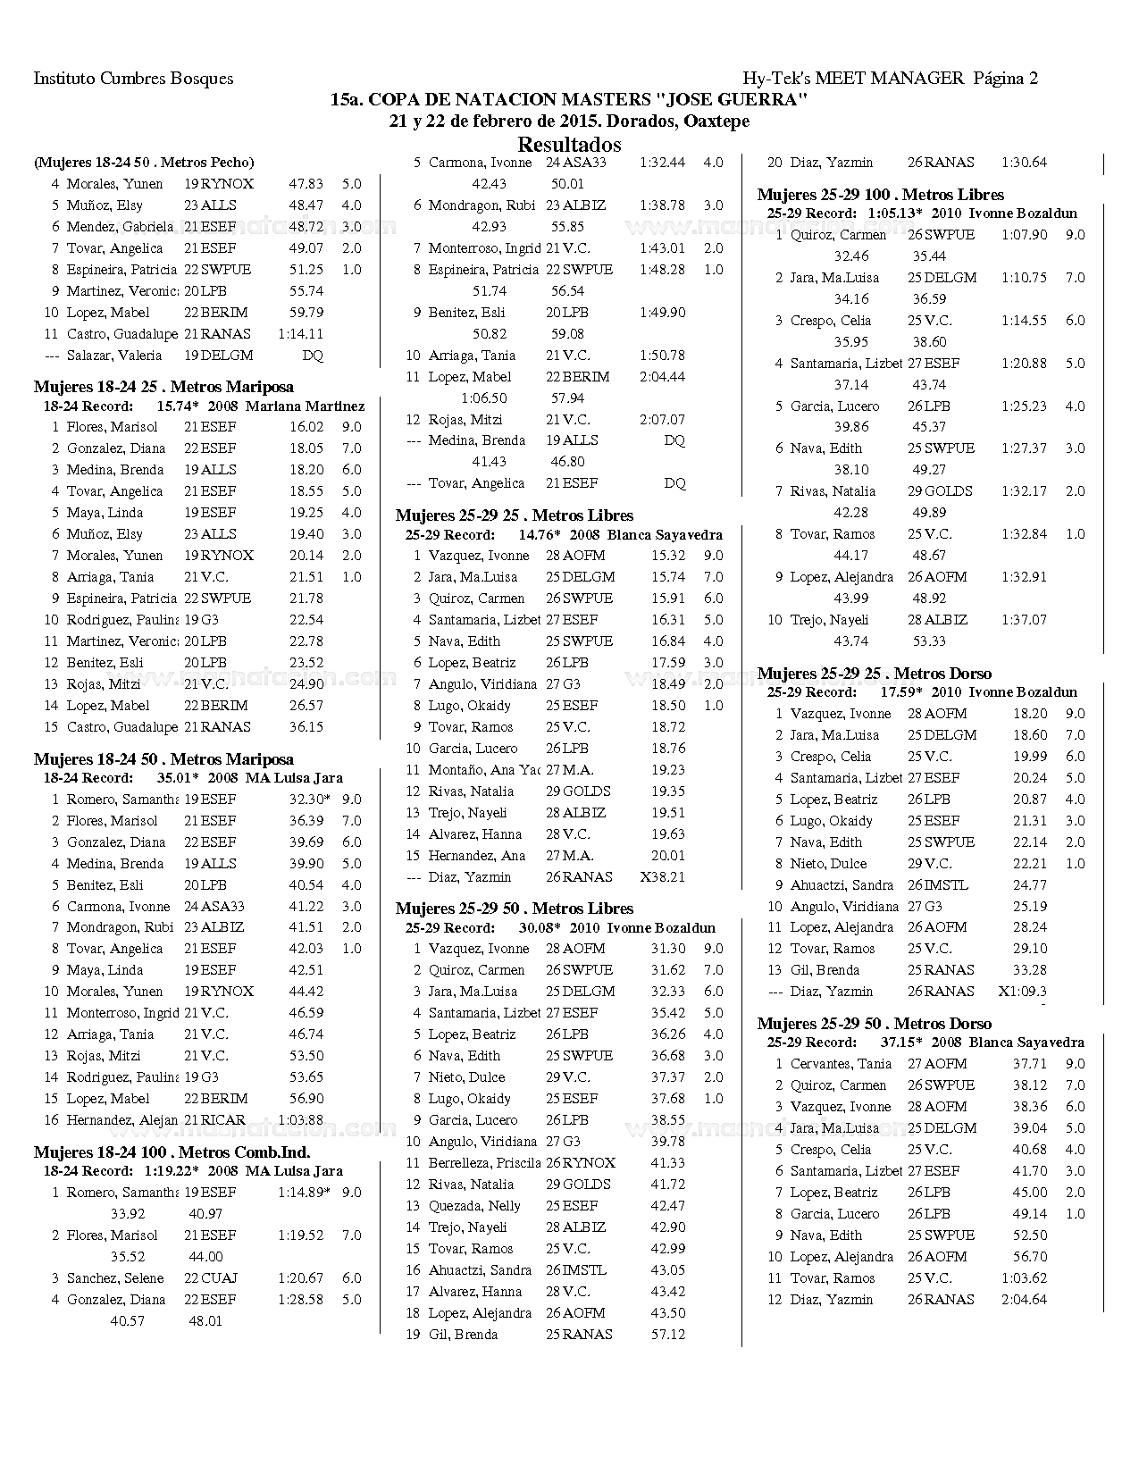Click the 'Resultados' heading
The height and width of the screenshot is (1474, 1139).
pyautogui.click(x=569, y=145)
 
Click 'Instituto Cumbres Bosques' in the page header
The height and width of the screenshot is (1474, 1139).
pyautogui.click(x=133, y=79)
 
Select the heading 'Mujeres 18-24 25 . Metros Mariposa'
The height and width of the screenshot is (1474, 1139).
pyautogui.click(x=163, y=387)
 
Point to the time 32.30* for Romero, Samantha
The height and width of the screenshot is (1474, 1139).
pyautogui.click(x=309, y=800)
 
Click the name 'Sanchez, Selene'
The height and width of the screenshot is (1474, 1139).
pyautogui.click(x=115, y=1278)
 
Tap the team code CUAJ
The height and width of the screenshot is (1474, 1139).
pyautogui.click(x=218, y=1278)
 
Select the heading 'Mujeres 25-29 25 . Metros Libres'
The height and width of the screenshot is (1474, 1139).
pyautogui.click(x=515, y=515)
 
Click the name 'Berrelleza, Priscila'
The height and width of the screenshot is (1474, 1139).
pyautogui.click(x=484, y=1163)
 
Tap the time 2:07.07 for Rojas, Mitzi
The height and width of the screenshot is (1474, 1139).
pyautogui.click(x=662, y=420)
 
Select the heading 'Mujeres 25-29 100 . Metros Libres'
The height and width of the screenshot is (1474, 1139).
pyautogui.click(x=881, y=195)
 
